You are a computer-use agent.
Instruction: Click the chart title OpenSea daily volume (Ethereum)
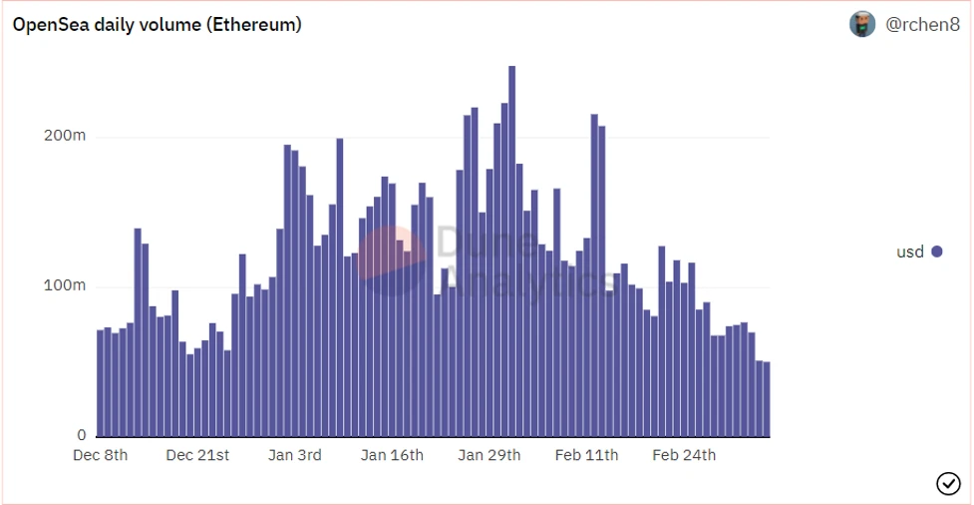pyautogui.click(x=157, y=25)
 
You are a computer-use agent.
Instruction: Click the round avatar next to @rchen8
pyautogui.click(x=862, y=25)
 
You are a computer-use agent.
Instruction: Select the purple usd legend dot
pyautogui.click(x=937, y=252)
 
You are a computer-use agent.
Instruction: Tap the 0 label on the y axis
pyautogui.click(x=82, y=435)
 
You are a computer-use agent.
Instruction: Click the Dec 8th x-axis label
pyautogui.click(x=101, y=456)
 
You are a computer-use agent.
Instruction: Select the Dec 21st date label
pyautogui.click(x=197, y=456)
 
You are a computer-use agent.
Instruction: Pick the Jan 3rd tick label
pyautogui.click(x=295, y=456)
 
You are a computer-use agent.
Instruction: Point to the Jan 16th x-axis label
pyautogui.click(x=392, y=456)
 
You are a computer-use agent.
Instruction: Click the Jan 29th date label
pyautogui.click(x=489, y=456)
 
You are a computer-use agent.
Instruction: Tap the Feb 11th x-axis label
pyautogui.click(x=586, y=456)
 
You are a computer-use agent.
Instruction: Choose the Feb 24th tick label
pyautogui.click(x=684, y=456)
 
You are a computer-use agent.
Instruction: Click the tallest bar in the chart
pyautogui.click(x=512, y=250)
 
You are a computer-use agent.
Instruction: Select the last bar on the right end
pyautogui.click(x=767, y=399)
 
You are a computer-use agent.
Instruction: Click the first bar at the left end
pyautogui.click(x=100, y=383)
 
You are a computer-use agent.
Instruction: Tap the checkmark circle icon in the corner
pyautogui.click(x=948, y=483)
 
